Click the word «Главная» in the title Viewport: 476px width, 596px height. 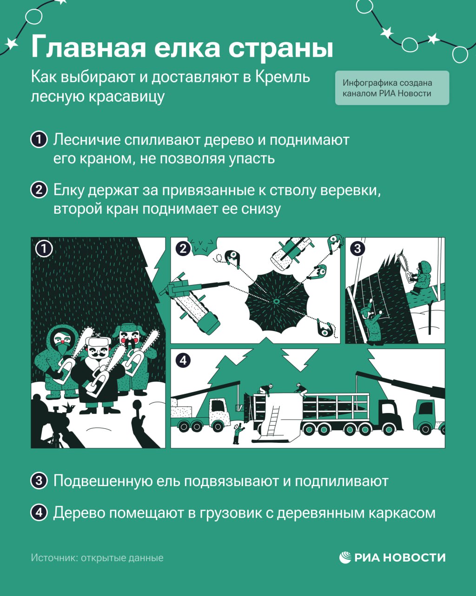tap(88, 47)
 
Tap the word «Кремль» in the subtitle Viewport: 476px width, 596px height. tap(282, 77)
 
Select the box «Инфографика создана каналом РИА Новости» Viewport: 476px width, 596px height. tap(392, 88)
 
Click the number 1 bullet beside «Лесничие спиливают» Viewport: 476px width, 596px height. tap(39, 139)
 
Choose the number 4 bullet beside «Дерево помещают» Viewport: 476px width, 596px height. tap(39, 512)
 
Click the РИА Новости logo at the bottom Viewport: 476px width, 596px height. tap(392, 557)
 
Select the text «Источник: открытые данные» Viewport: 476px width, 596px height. tap(97, 557)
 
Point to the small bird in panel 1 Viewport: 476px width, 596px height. tap(69, 407)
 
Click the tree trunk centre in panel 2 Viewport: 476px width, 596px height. tap(276, 301)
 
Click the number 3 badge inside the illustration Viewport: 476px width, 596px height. tap(357, 248)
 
